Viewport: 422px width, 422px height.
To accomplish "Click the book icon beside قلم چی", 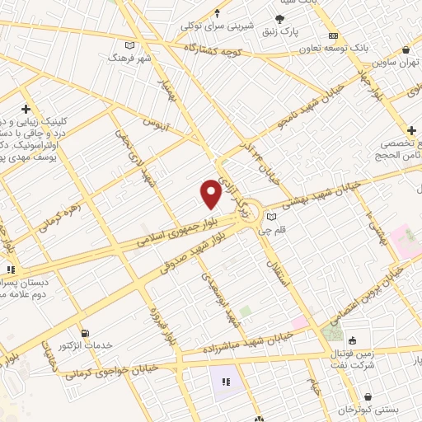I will (x=271, y=218).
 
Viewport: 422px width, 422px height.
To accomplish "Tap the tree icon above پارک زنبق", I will (x=281, y=18).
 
